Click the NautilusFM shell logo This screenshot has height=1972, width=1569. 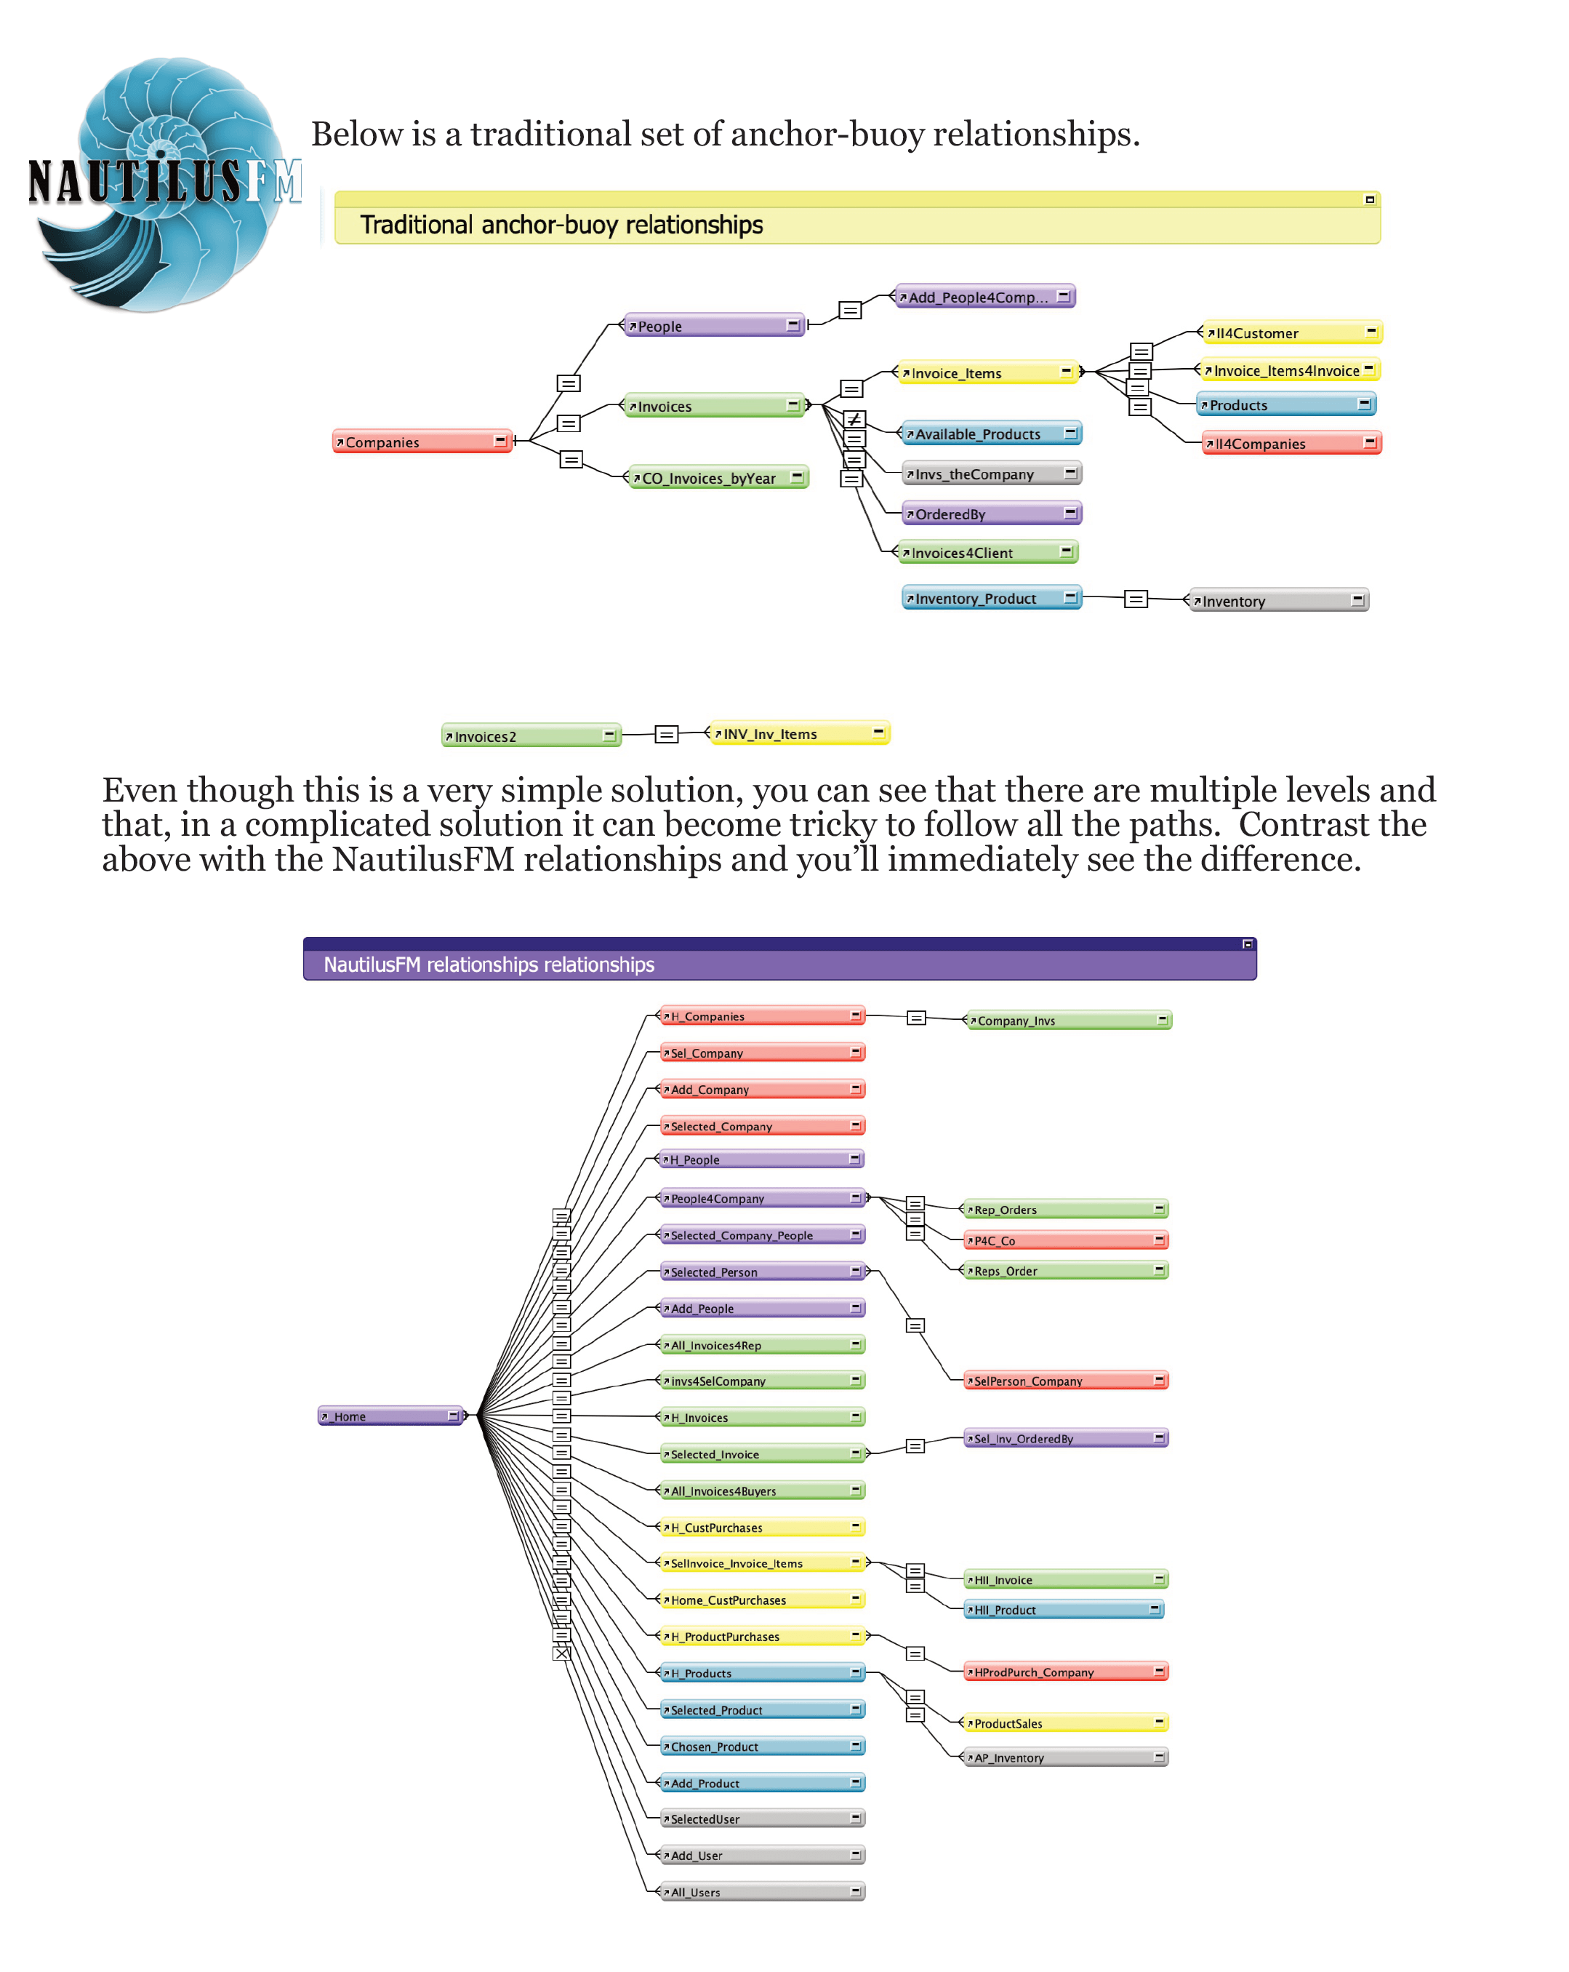[x=164, y=183]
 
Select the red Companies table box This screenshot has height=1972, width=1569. [x=420, y=442]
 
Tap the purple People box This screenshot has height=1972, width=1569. [x=713, y=326]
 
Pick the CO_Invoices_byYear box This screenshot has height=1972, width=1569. [x=718, y=477]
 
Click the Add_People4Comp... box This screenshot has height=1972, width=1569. [x=984, y=296]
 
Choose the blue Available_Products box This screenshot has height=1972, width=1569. [x=991, y=434]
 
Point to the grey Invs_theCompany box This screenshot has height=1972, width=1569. [x=991, y=474]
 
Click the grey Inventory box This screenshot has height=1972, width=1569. [x=1278, y=601]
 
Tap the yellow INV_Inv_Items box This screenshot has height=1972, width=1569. [x=799, y=733]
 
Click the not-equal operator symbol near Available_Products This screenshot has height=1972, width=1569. [x=853, y=420]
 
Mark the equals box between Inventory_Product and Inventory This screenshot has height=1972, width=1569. [x=1135, y=599]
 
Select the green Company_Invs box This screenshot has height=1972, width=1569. [x=1068, y=1021]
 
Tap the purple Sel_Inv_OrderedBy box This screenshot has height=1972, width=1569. [x=1066, y=1439]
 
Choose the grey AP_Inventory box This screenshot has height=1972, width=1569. [x=1066, y=1758]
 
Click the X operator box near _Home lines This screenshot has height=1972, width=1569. [x=561, y=1653]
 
